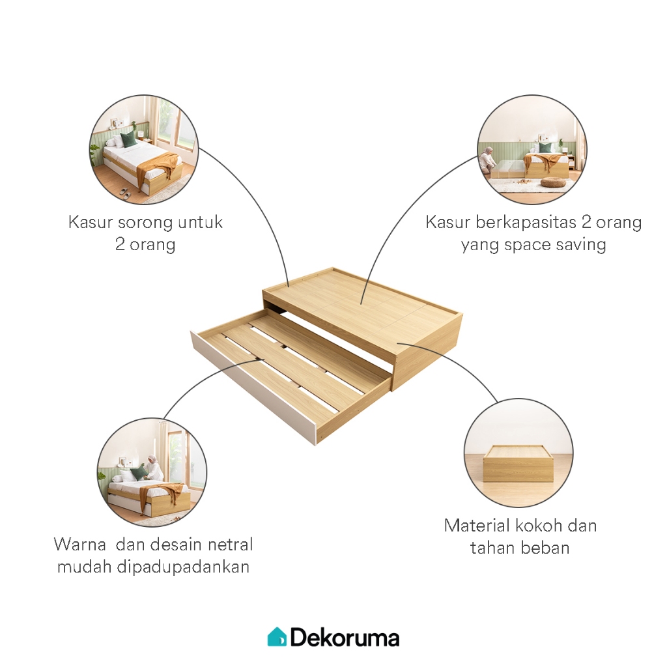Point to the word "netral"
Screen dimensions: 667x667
222,544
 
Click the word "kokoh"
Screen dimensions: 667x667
541,526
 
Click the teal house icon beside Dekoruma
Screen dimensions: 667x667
277,636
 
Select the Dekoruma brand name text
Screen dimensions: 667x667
345,637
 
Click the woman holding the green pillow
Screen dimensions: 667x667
152,468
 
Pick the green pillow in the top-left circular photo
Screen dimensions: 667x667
128,139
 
